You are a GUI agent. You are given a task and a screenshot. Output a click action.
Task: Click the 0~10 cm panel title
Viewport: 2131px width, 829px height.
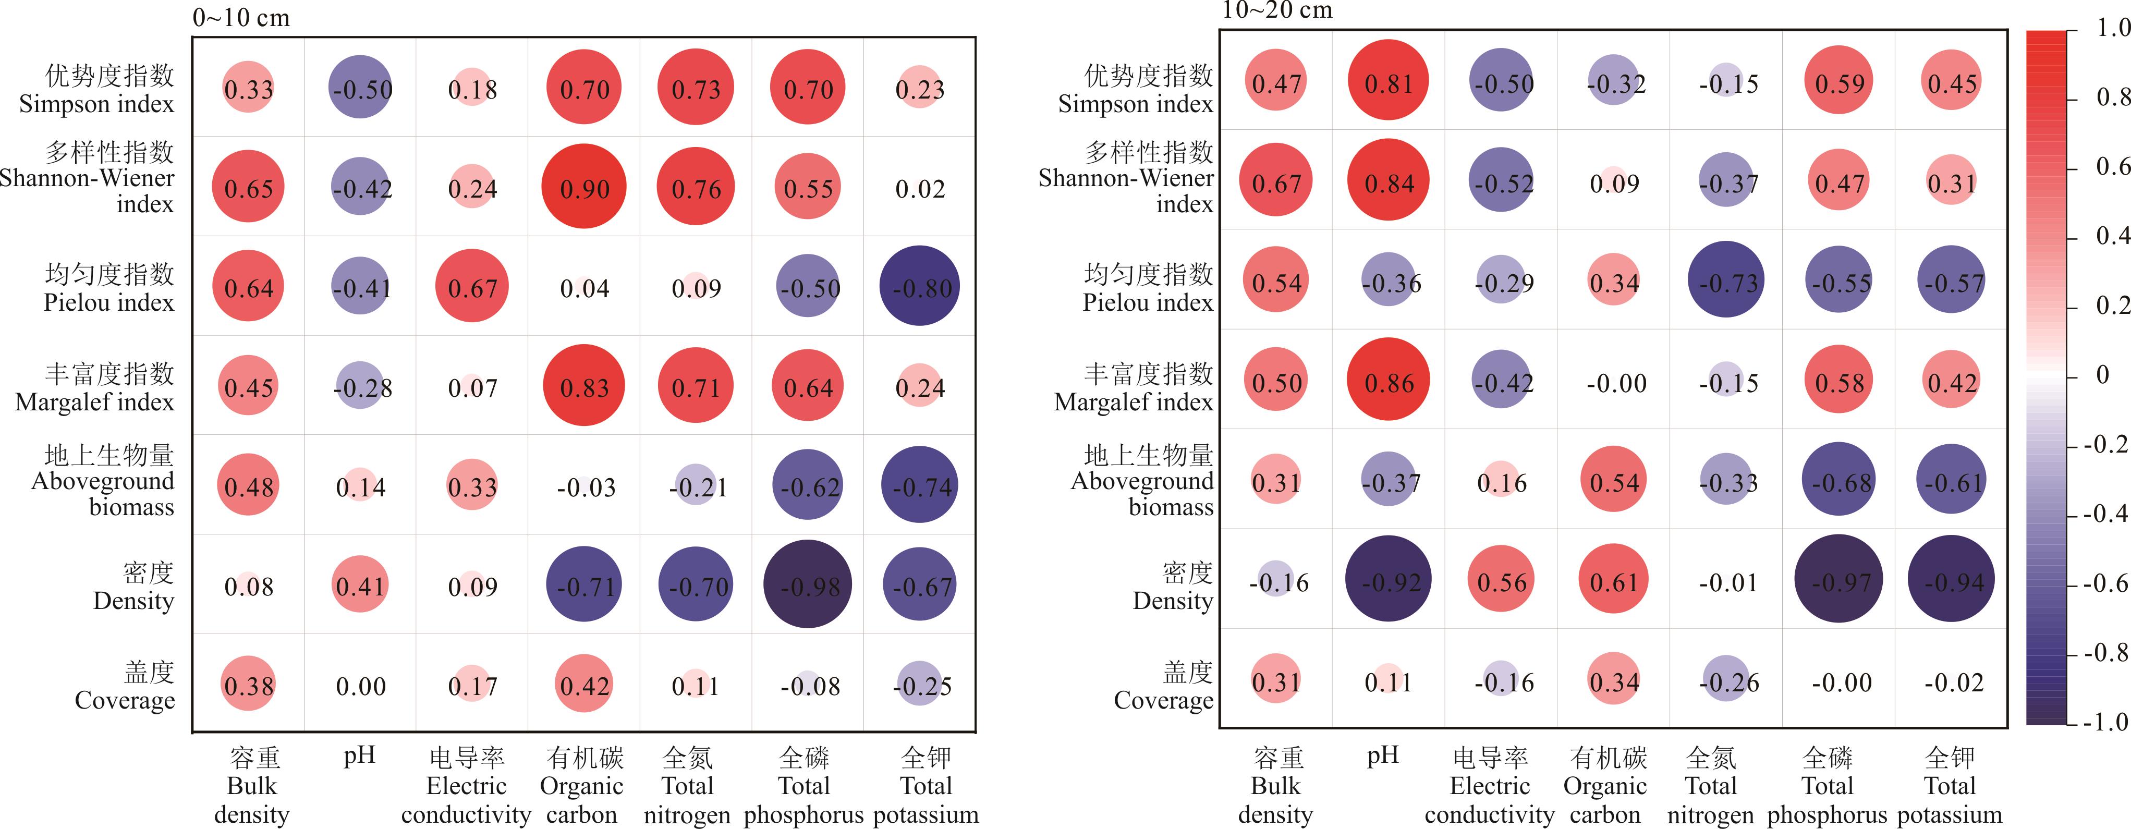241,17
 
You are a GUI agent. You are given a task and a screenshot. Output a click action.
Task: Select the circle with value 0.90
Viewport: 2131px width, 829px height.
584,187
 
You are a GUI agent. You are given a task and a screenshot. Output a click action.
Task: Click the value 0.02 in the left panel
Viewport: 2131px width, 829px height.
920,189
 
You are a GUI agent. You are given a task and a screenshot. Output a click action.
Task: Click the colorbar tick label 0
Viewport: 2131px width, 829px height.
2102,375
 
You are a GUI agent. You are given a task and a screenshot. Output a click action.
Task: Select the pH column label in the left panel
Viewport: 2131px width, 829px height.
360,754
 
